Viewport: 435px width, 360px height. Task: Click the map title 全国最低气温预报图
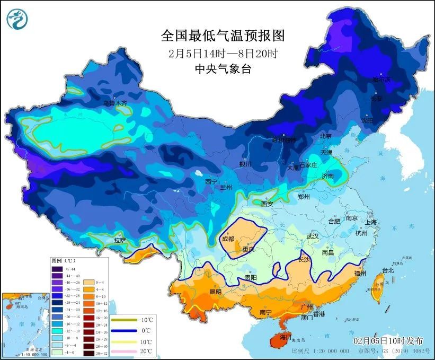tap(223, 36)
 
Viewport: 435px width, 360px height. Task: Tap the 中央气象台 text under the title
tap(223, 68)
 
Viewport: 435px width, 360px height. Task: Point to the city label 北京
tap(325, 136)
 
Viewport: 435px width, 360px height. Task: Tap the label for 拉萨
tap(120, 240)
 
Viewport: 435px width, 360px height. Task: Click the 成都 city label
tap(228, 239)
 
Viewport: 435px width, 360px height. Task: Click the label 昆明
tap(216, 292)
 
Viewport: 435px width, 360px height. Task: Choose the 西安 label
tap(267, 204)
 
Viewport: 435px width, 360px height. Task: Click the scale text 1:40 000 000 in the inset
tap(16, 354)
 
